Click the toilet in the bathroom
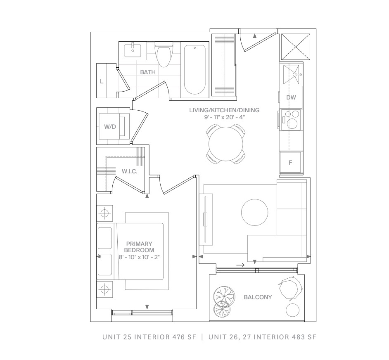[164, 54]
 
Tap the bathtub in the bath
[195, 70]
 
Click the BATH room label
[148, 72]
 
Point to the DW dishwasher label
[291, 97]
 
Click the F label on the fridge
[290, 163]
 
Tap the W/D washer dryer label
[110, 127]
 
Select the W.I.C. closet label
[130, 171]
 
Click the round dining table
[226, 144]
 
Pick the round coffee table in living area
[254, 212]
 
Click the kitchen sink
[291, 74]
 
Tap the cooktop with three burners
[290, 119]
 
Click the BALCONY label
[258, 297]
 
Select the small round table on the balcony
[293, 310]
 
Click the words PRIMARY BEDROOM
[139, 247]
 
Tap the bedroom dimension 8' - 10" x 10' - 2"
[139, 257]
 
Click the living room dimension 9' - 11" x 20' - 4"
[225, 117]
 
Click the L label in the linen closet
[102, 81]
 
